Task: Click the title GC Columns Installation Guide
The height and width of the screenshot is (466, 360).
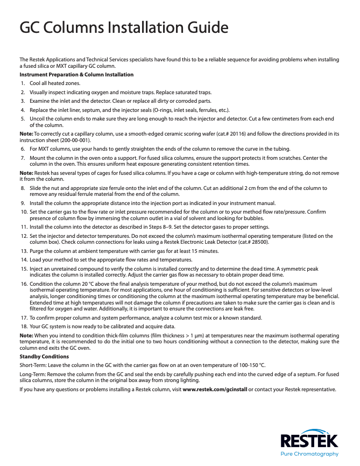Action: [124, 27]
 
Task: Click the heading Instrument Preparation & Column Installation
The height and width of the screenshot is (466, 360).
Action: [76, 74]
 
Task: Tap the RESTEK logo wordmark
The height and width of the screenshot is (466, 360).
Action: [309, 442]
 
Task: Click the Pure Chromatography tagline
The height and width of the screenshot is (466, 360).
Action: [310, 454]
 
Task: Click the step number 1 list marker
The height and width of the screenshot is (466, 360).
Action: [23, 83]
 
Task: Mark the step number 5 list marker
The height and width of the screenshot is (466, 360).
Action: [23, 118]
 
